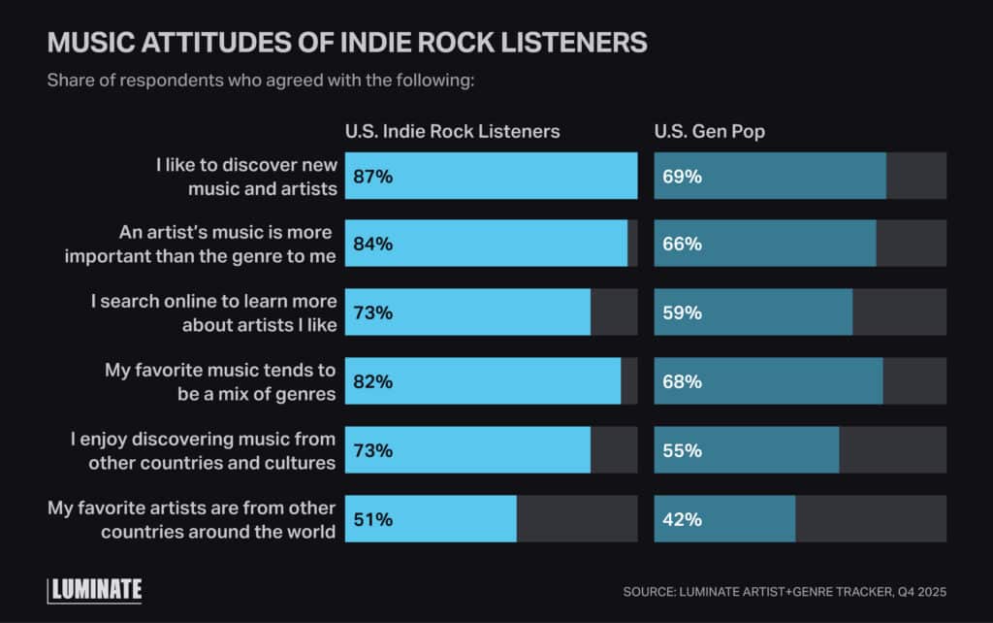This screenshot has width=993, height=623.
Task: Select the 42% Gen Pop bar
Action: [725, 519]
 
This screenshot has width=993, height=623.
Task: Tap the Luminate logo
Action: [95, 589]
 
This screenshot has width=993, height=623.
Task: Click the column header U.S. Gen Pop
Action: [709, 131]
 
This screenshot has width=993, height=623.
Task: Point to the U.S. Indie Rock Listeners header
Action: [452, 131]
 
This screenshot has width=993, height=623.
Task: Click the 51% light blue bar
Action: [431, 519]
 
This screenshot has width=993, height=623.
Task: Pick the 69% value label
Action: [682, 177]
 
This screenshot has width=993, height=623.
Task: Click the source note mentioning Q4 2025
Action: [784, 591]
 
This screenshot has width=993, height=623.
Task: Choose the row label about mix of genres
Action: [220, 381]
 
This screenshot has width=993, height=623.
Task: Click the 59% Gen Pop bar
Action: [753, 312]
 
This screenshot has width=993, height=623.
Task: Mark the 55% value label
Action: [682, 450]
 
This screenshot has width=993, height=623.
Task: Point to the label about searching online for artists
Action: [214, 312]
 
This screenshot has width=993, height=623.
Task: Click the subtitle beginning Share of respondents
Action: [260, 80]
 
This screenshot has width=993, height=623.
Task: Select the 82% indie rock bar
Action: [483, 381]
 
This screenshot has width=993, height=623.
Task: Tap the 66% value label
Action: [682, 245]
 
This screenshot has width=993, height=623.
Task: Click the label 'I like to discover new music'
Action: [246, 177]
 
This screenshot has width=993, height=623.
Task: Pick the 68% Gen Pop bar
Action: [768, 381]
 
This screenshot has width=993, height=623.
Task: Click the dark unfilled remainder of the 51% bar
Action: [576, 519]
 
